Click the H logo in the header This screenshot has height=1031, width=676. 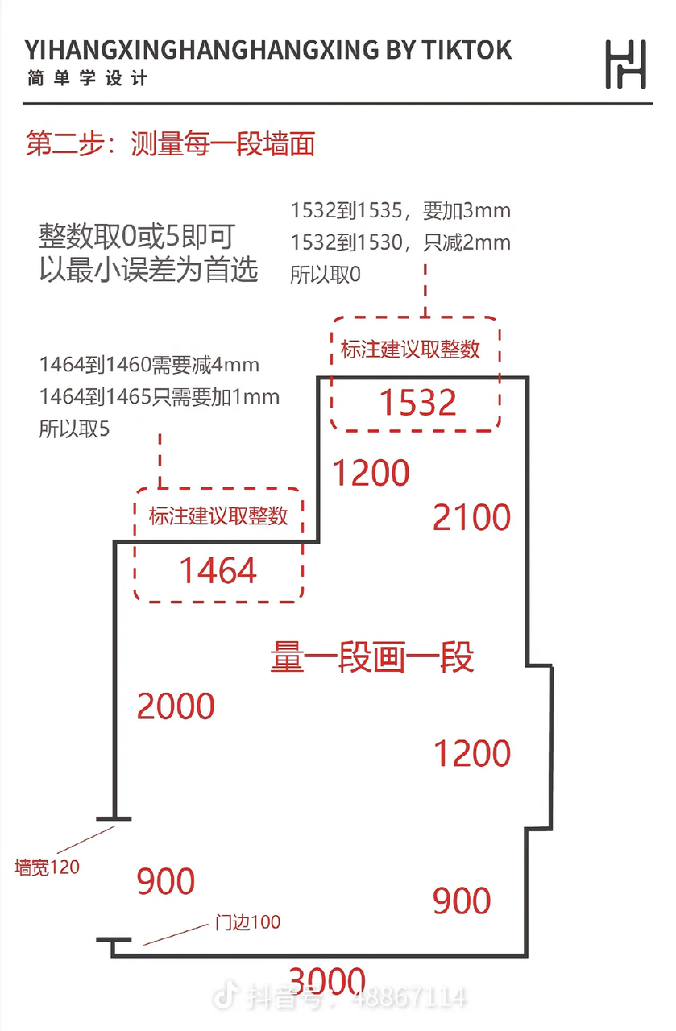pos(625,64)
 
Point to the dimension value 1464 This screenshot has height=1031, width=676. pos(218,571)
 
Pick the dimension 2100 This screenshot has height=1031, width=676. pos(471,517)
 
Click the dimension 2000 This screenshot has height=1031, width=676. pos(176,706)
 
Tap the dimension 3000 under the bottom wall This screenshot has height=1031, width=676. pos(327,981)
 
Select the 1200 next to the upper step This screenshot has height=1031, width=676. pos(371,473)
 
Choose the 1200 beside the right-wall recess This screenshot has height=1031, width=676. pos(472,754)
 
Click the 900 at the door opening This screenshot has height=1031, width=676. pos(166,882)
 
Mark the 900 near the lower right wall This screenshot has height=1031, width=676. pos(462,901)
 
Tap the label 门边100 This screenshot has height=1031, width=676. pos(247,921)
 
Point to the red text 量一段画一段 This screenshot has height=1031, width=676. pos(371,657)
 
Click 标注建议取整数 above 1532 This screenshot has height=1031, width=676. pos(410,349)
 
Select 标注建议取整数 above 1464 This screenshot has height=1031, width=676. pos(218,515)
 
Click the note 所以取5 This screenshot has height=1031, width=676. pos(73,429)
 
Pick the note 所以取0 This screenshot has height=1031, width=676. pos(326,274)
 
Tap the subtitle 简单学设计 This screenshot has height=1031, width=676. pos(87,79)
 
